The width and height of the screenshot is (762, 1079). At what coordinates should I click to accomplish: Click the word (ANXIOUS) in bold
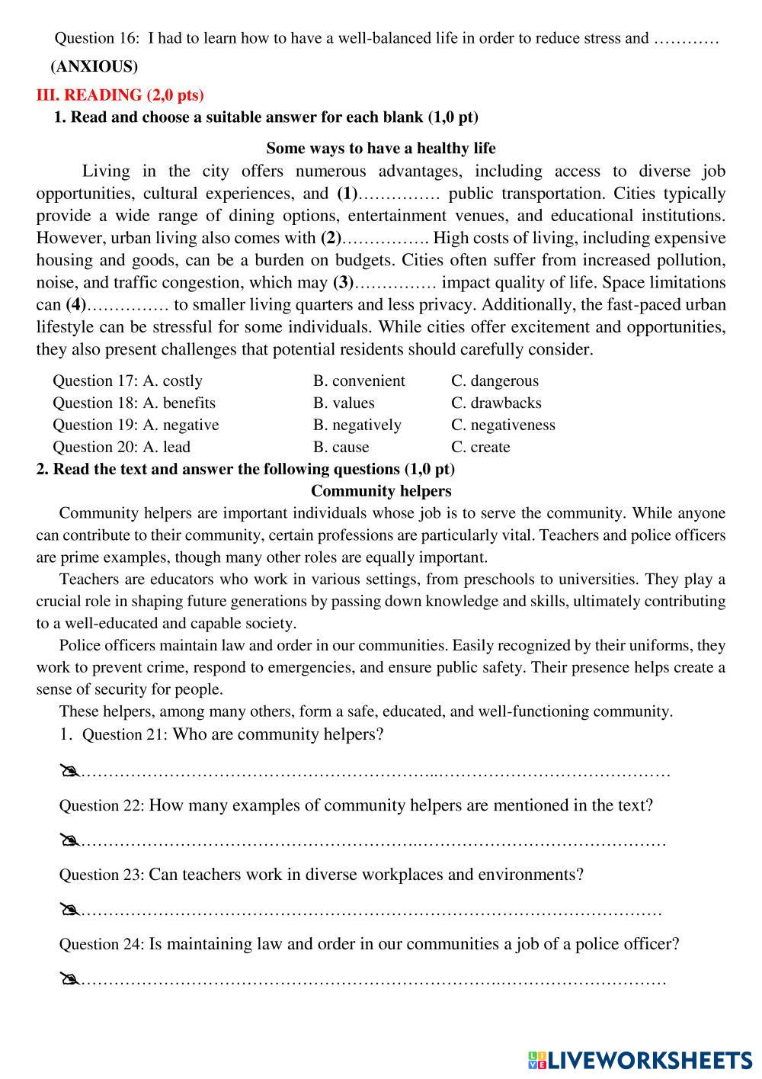(x=94, y=67)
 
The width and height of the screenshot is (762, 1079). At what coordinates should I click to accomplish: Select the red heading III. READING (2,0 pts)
(x=120, y=95)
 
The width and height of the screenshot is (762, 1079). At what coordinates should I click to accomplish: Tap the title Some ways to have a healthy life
(x=380, y=148)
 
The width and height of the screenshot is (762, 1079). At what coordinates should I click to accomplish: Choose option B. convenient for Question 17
(x=359, y=381)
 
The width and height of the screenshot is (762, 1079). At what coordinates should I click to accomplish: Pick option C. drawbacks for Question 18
(x=496, y=403)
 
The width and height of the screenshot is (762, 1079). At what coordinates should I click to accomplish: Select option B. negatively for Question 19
(x=357, y=425)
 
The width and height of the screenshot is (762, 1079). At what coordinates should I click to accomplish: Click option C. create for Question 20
(x=480, y=447)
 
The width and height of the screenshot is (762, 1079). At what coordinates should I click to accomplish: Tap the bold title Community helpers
(x=381, y=491)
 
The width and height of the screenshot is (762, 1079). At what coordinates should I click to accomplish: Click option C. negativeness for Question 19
(x=503, y=425)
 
